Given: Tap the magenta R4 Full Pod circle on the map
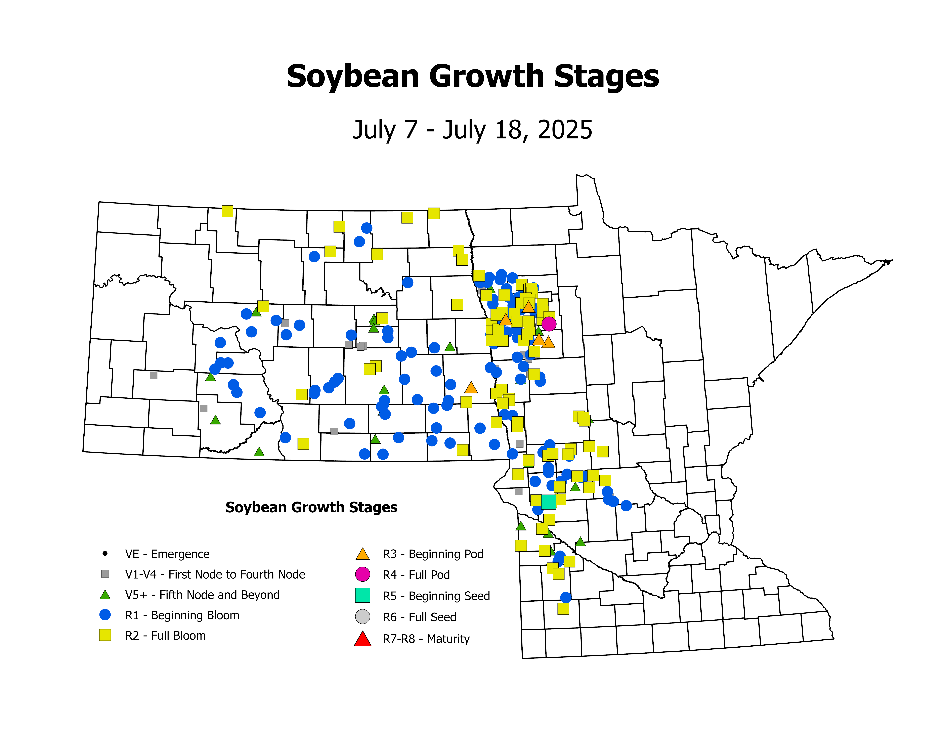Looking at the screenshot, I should tap(549, 324).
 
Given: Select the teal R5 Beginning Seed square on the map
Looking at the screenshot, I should tap(548, 502).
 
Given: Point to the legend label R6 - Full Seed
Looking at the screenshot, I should tap(419, 617).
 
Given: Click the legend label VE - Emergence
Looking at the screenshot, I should tap(167, 554).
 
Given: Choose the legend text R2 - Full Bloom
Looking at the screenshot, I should tap(165, 636).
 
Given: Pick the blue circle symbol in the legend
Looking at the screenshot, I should tap(105, 615).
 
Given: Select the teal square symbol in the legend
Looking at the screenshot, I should tap(362, 595).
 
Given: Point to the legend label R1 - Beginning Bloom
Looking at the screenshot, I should tap(182, 615).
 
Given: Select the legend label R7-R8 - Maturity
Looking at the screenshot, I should tap(426, 639).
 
